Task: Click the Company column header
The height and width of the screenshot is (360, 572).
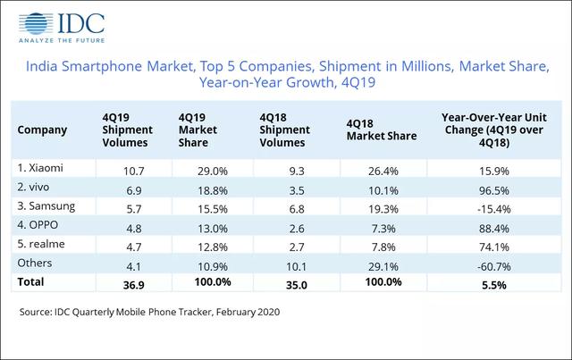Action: tap(42, 130)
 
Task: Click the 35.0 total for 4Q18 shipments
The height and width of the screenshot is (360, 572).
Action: tap(273, 283)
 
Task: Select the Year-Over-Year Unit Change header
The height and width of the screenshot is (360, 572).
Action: tap(488, 129)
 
